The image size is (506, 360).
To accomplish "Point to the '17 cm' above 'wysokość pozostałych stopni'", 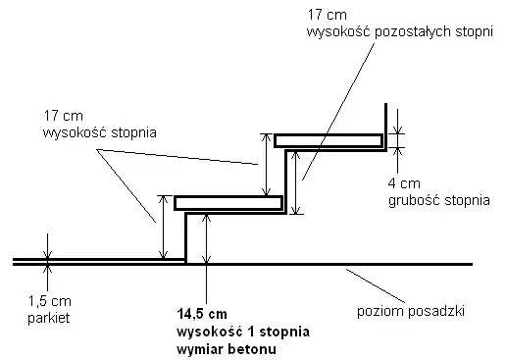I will tap(325, 14).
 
